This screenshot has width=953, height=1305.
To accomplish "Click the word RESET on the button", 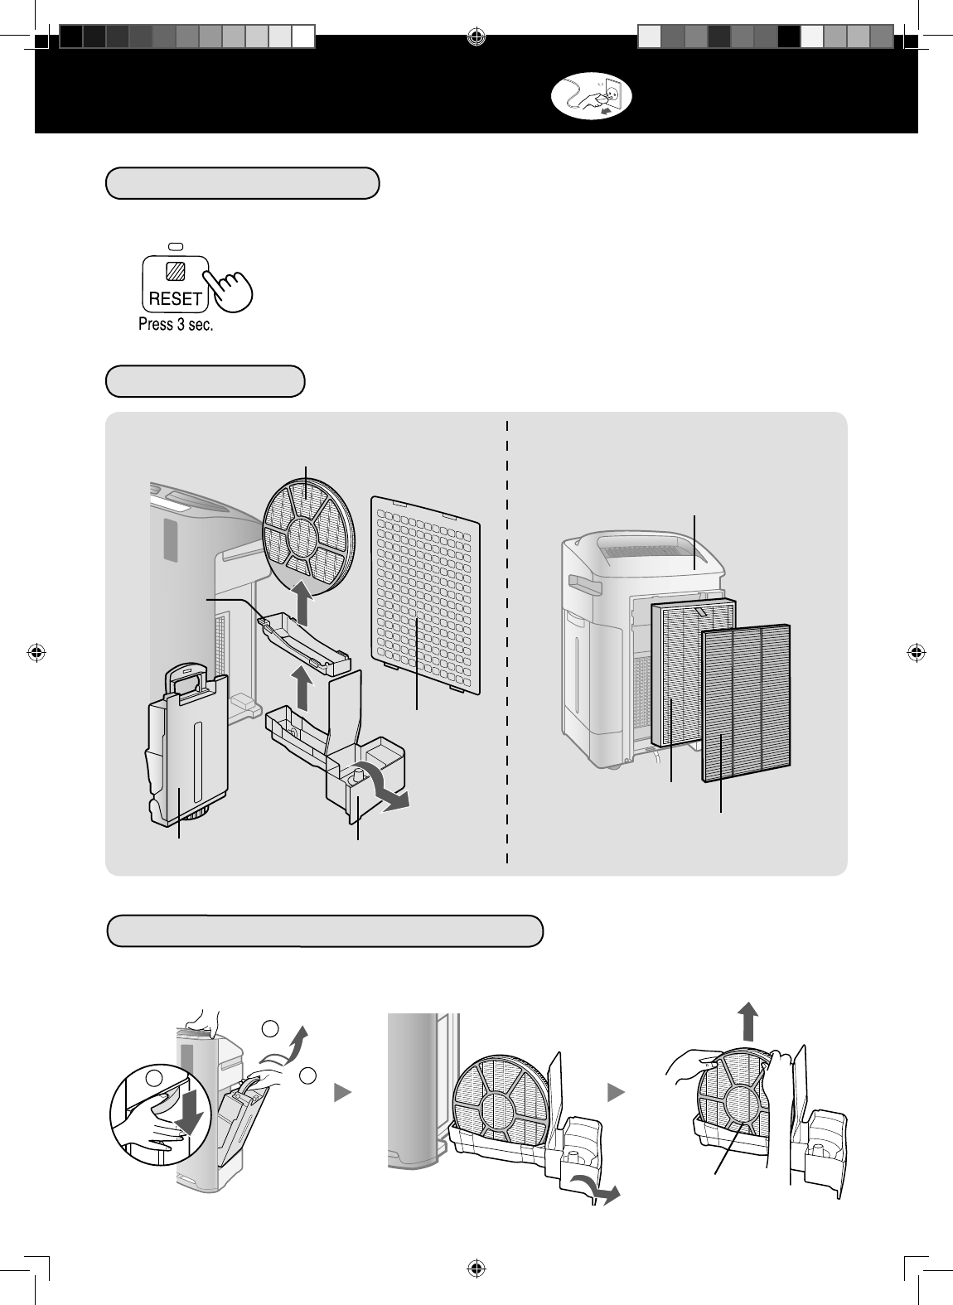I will pos(175,298).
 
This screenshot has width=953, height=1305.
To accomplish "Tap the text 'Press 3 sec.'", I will pos(176,325).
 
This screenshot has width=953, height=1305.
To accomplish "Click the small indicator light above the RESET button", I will pos(175,247).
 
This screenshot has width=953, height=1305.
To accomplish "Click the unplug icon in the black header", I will pos(592,97).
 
